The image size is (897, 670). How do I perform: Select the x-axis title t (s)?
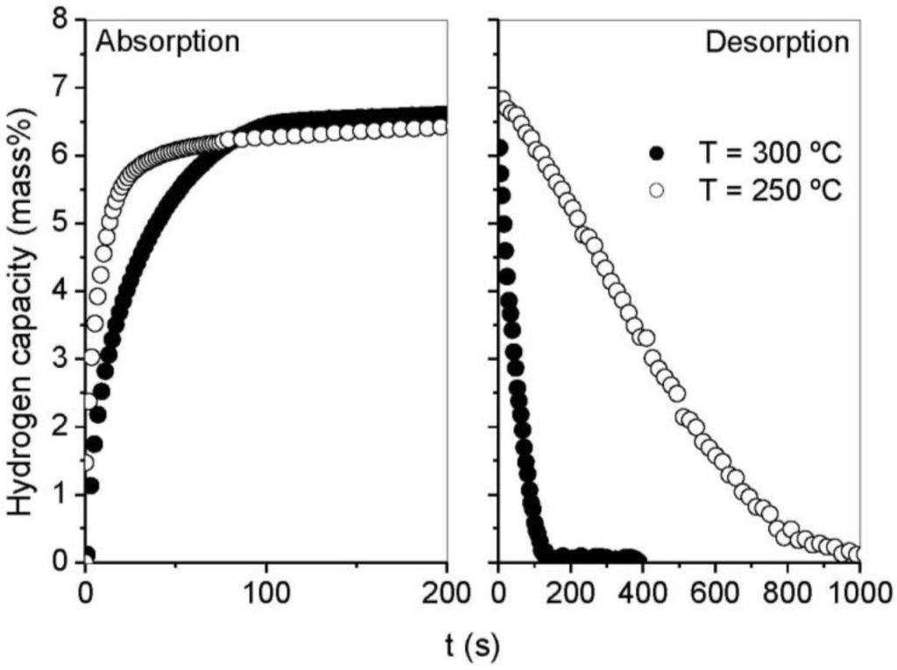471,647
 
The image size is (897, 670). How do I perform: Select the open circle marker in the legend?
657,189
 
